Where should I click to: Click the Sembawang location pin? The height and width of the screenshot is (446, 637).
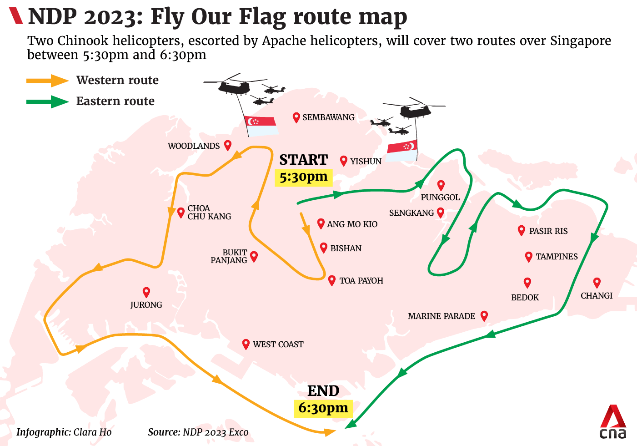pyautogui.click(x=296, y=117)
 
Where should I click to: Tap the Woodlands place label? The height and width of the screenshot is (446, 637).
pyautogui.click(x=194, y=146)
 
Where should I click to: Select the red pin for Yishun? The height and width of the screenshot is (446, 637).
pyautogui.click(x=344, y=161)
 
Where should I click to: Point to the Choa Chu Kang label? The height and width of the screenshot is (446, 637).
pyautogui.click(x=209, y=213)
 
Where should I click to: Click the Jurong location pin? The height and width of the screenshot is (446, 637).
pyautogui.click(x=146, y=292)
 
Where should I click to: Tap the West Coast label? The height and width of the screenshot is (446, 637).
pyautogui.click(x=278, y=345)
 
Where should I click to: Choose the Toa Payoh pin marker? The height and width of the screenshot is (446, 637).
pyautogui.click(x=332, y=280)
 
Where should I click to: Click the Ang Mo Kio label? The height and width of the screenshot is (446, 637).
pyautogui.click(x=352, y=224)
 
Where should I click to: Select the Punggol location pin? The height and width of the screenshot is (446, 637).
pyautogui.click(x=441, y=185)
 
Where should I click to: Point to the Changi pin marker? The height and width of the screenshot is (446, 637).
pyautogui.click(x=597, y=283)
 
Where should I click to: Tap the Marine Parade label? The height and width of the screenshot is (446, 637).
pyautogui.click(x=441, y=316)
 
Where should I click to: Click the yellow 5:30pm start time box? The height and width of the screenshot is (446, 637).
pyautogui.click(x=303, y=177)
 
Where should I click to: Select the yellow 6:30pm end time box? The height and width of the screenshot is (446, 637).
pyautogui.click(x=323, y=408)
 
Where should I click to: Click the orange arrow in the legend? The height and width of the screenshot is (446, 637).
pyautogui.click(x=48, y=81)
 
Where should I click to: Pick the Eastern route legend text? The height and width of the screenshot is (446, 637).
pyautogui.click(x=115, y=101)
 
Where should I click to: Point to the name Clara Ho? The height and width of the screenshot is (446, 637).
pyautogui.click(x=92, y=432)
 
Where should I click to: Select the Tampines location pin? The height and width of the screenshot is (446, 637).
pyautogui.click(x=528, y=257)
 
